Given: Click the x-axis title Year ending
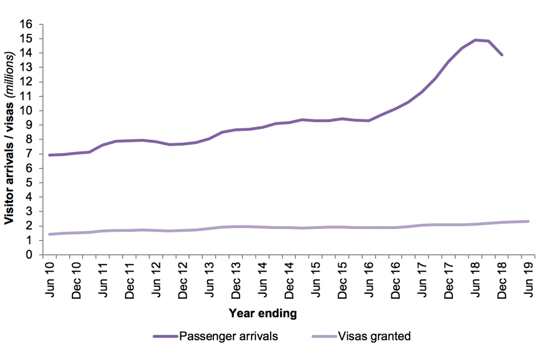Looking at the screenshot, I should (x=263, y=313).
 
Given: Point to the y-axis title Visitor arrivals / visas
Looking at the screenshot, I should (x=10, y=139).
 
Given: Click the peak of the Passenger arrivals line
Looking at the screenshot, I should (x=476, y=40).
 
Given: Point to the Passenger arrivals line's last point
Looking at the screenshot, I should (x=502, y=55).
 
